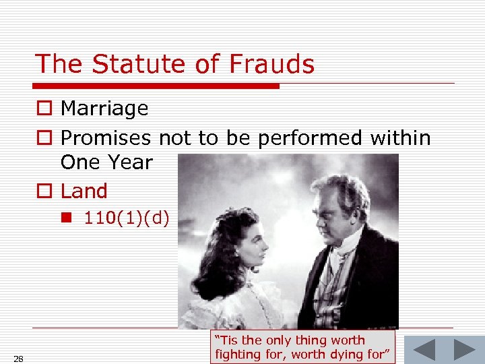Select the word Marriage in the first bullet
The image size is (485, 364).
click(104, 109)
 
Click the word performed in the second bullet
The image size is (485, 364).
click(310, 138)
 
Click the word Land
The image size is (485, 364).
click(84, 191)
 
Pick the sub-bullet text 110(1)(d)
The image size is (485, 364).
click(127, 218)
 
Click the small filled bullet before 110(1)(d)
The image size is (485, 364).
click(70, 218)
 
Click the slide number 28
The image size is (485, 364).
click(18, 357)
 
